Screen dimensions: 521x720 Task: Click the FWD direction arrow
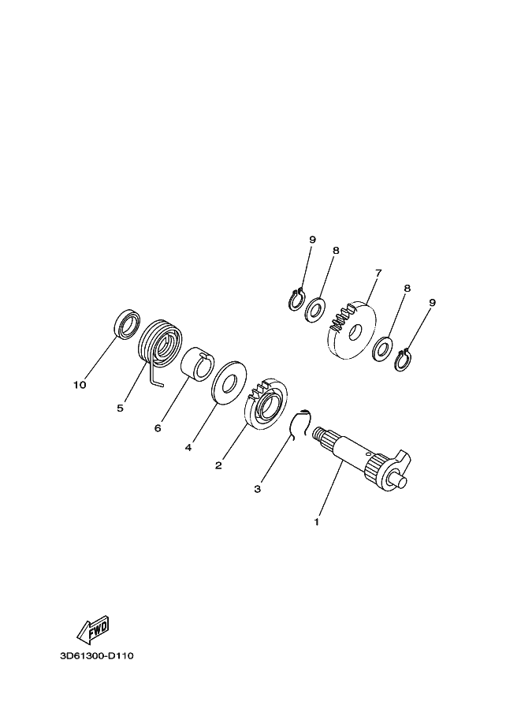coord(93,629)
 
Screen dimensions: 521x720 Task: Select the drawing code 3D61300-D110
coord(97,655)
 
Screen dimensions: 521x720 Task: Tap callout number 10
coord(80,385)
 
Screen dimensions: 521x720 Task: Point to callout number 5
coord(121,408)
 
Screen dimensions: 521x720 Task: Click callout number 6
coord(158,428)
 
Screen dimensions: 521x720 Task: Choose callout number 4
coord(188,447)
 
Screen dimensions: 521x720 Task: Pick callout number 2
coord(218,465)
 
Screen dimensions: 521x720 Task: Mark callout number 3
coord(258,489)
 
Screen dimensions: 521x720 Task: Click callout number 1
coord(316,522)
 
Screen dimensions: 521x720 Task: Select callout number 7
coord(378,273)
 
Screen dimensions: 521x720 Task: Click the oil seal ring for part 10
coord(127,323)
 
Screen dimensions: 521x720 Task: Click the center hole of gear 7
coord(355,333)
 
